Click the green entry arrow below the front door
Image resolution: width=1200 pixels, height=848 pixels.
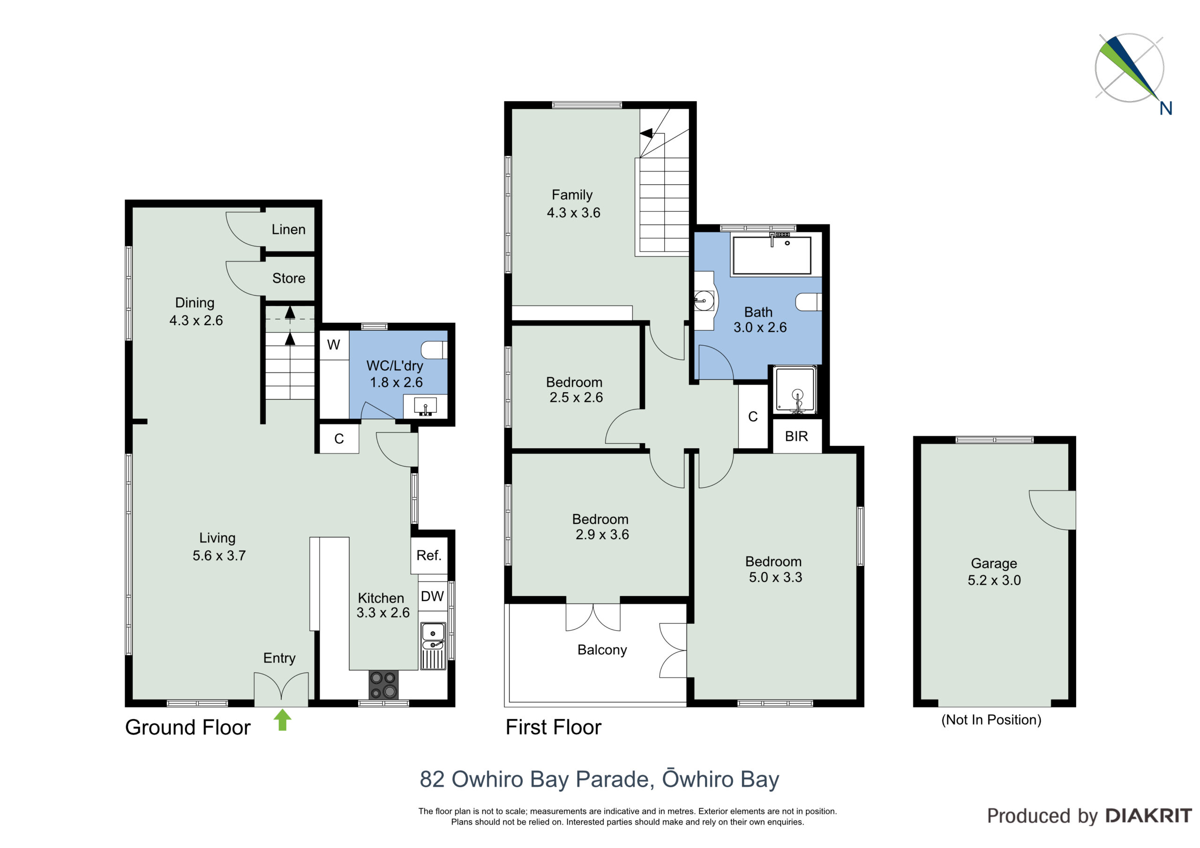282,720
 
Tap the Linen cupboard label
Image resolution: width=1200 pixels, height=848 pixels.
288,230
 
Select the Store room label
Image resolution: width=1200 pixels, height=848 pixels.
288,278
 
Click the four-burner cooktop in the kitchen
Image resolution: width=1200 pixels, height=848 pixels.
383,685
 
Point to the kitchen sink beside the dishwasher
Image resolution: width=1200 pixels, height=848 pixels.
433,646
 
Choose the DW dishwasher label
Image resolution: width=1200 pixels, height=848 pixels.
432,596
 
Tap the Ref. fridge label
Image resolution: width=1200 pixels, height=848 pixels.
428,555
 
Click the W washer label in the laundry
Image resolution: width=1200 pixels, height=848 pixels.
333,345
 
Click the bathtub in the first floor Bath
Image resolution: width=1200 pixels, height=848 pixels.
772,255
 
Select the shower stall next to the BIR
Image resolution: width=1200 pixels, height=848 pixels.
796,390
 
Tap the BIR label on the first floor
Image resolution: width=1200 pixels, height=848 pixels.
796,436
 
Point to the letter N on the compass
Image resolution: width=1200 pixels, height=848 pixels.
1165,108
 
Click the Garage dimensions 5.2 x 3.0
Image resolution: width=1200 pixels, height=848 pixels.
994,580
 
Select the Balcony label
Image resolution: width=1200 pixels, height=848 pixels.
602,650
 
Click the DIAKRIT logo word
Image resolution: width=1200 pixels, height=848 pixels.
1149,816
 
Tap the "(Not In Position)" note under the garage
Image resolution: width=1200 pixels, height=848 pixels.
991,720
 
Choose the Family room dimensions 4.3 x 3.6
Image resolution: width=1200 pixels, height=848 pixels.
573,213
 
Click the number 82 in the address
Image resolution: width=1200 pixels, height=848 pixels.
432,779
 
